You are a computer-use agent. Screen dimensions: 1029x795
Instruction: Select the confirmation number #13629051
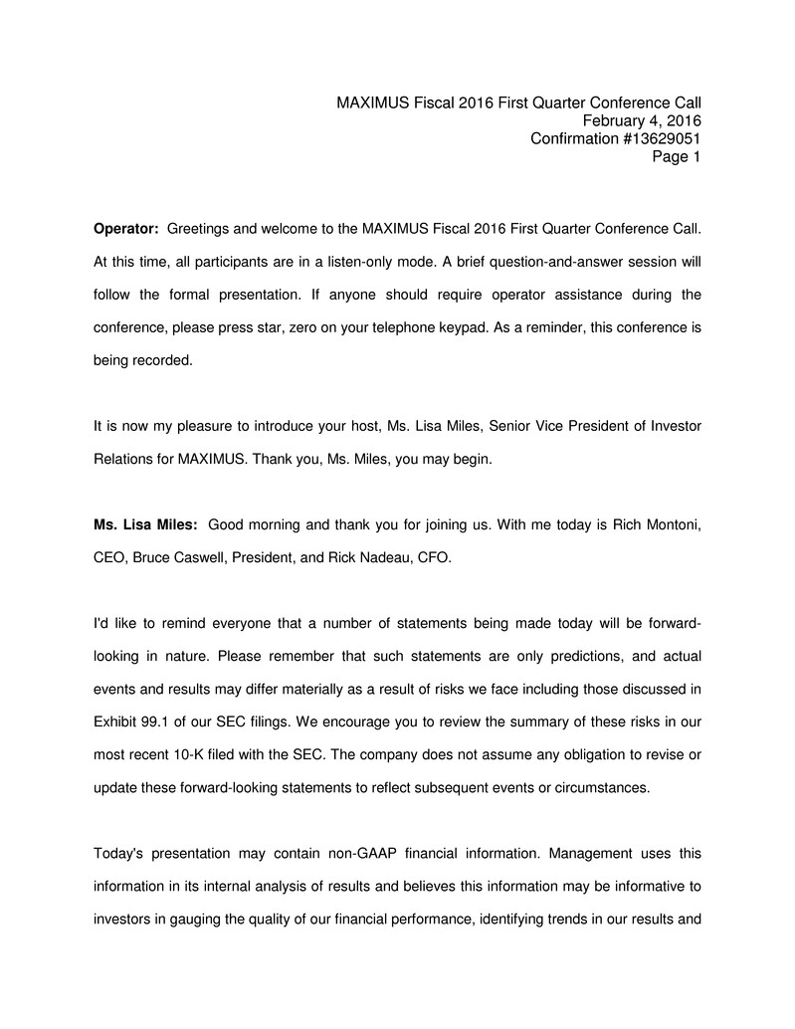tap(662, 138)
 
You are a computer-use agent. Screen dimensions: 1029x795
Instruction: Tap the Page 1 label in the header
tap(677, 156)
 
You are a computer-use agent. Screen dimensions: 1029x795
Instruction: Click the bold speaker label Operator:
tap(126, 230)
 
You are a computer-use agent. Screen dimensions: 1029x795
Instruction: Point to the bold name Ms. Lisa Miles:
tap(145, 524)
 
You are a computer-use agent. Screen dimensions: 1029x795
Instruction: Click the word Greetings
tap(199, 230)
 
